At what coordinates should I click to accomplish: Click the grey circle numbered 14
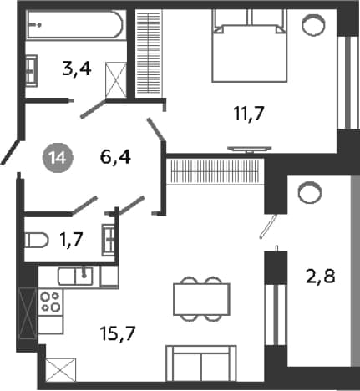(58, 158)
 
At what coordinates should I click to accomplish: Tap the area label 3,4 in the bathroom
(77, 69)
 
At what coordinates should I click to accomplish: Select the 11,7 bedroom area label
(248, 114)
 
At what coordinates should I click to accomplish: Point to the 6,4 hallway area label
(115, 157)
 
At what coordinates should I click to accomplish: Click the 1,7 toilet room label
(71, 240)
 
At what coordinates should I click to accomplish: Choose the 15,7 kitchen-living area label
(119, 333)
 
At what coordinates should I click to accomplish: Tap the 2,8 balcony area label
(320, 277)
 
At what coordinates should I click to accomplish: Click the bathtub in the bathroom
(75, 24)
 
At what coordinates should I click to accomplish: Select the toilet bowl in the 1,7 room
(37, 241)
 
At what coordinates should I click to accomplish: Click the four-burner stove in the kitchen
(50, 302)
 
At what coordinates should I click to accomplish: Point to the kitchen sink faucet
(84, 272)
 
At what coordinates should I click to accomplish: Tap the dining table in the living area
(201, 299)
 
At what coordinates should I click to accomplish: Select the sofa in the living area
(201, 363)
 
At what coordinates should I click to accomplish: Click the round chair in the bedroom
(313, 25)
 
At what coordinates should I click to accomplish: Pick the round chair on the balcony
(310, 193)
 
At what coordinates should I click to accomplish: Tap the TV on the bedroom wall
(250, 149)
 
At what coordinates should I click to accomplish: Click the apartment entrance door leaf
(10, 152)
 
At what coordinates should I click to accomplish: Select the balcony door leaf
(268, 226)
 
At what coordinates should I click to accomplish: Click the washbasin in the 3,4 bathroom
(31, 71)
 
